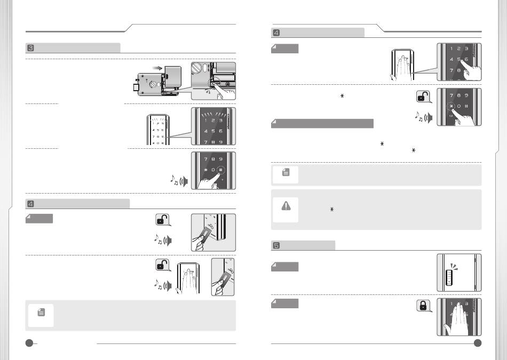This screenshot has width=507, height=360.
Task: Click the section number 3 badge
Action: (x=30, y=48)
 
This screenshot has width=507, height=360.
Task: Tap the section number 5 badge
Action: (x=276, y=245)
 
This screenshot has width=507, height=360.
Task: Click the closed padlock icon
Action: (x=422, y=306)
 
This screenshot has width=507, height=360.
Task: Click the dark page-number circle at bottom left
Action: (x=30, y=343)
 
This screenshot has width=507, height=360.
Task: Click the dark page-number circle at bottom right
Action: (x=477, y=343)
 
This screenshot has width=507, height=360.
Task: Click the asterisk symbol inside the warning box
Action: (x=331, y=210)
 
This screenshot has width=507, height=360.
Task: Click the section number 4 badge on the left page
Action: (x=30, y=203)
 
